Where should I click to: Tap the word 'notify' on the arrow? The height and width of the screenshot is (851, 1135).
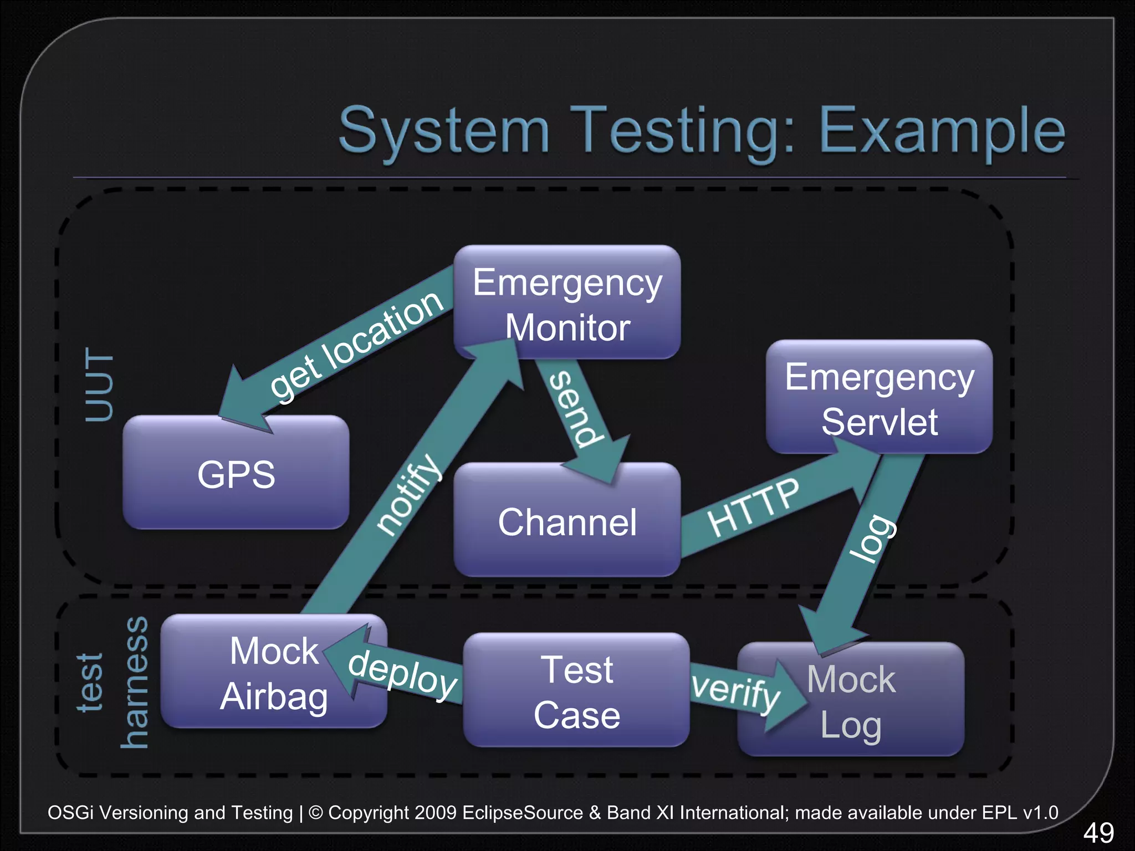coord(409,494)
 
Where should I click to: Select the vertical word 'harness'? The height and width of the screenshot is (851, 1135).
coord(135,683)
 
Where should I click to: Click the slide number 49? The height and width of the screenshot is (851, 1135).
coord(1098,833)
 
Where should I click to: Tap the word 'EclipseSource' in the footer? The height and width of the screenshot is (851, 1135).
coord(522,812)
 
